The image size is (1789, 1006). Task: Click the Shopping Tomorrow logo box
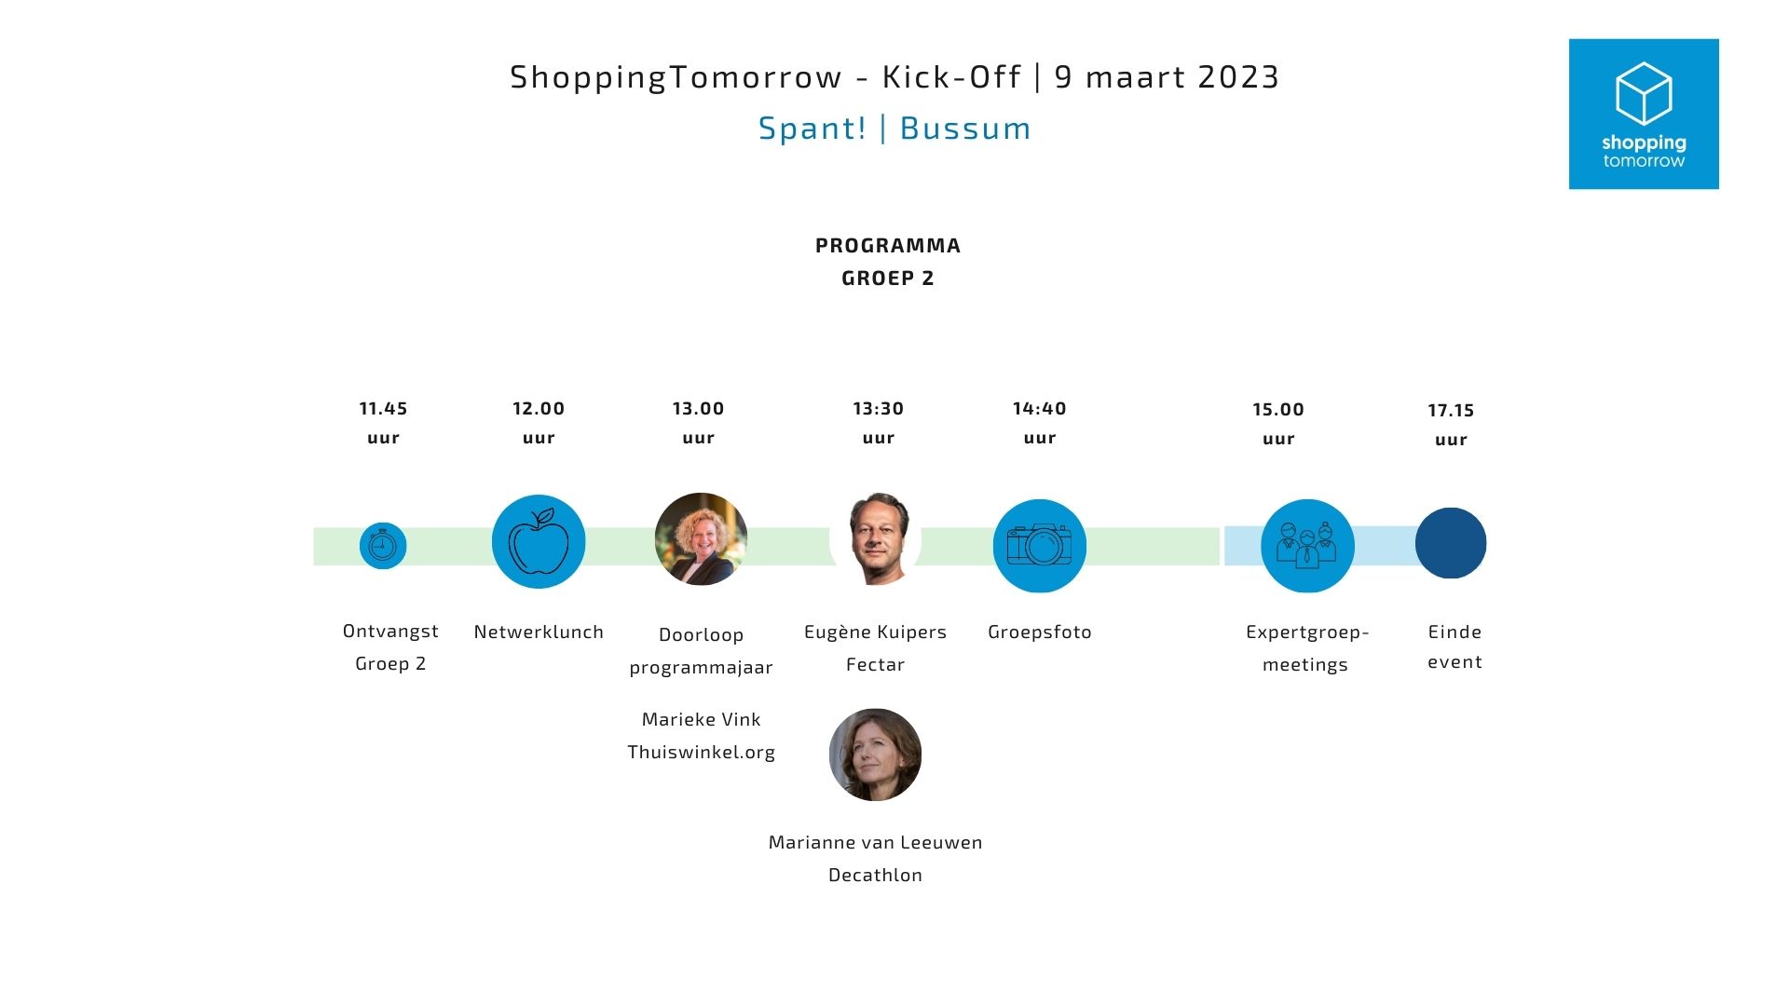pos(1644,114)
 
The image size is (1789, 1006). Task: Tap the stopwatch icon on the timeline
pos(383,546)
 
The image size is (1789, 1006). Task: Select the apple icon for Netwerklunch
pos(539,541)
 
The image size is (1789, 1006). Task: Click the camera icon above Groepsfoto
pos(1040,546)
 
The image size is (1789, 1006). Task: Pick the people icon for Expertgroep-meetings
pos(1307,546)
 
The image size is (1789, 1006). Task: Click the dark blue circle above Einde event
pos(1451,543)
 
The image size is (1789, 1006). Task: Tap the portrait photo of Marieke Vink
pos(701,539)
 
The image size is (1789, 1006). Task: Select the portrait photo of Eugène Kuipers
pos(876,538)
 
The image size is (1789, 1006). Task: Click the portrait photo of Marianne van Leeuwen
pos(875,754)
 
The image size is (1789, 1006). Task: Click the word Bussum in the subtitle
pos(965,129)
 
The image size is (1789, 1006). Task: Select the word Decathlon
pos(875,875)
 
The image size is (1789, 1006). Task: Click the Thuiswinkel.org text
pos(701,753)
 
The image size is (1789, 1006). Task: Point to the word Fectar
pos(875,664)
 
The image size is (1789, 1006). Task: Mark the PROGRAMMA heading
pos(888,246)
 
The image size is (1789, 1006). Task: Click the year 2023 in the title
pos(1238,77)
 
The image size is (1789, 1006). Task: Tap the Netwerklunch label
pos(539,632)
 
